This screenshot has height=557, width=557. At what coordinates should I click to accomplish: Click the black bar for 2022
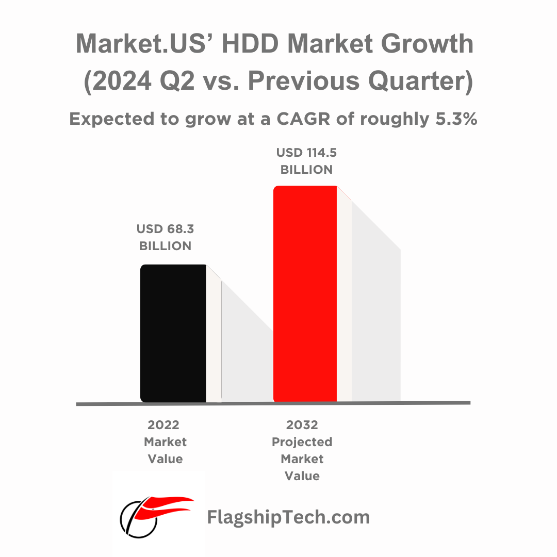[173, 333]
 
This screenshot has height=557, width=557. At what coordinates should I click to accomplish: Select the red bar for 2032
[305, 293]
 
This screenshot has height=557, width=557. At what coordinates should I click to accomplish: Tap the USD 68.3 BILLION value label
[165, 237]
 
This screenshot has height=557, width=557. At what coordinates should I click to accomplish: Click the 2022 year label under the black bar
[163, 425]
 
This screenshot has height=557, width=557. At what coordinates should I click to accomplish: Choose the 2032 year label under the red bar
[302, 425]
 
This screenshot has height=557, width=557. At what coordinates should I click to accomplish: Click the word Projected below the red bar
[302, 442]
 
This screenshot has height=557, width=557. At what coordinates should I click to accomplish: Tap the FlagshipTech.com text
[288, 516]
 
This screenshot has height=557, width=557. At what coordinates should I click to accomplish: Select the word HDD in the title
[249, 44]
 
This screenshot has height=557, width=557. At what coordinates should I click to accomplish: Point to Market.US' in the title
[145, 44]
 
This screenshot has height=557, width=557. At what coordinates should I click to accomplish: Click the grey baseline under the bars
[273, 403]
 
